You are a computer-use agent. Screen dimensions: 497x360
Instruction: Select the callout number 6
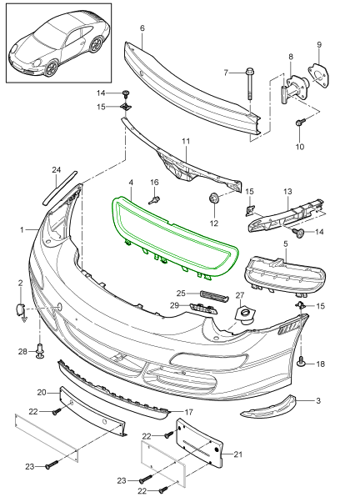142,28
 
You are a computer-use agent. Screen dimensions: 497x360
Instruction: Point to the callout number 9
318,43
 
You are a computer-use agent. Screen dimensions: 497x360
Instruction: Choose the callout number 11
186,141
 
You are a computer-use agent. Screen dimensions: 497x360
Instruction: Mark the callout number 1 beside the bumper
22,228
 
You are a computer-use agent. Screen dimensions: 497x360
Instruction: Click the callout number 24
57,170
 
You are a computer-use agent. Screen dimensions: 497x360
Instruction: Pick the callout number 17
188,412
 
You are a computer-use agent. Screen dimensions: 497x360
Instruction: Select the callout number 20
42,392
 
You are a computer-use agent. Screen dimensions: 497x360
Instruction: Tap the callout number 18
320,364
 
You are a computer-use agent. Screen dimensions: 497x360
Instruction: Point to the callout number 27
239,295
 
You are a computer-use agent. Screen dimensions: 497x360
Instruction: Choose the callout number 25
181,293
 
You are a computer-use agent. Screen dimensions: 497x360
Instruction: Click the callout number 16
153,182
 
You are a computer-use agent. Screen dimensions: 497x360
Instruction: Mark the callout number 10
301,147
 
